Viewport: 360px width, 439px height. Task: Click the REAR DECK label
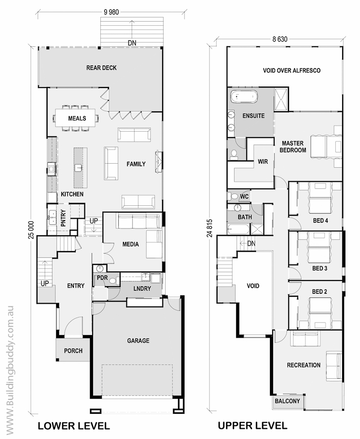pos(101,68)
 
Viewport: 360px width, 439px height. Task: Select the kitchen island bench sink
pos(78,168)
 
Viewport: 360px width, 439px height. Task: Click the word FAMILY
pos(136,164)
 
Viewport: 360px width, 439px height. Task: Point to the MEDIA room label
pos(131,244)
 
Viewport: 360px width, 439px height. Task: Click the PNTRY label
pos(63,218)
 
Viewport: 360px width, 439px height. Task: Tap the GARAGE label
pos(138,341)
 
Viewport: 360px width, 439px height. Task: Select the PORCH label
pos(74,351)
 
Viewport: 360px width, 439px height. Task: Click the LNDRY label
pos(142,288)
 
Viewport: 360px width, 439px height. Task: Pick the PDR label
pos(102,278)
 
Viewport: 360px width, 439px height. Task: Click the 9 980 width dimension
pos(111,12)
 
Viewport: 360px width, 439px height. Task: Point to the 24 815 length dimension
pos(210,228)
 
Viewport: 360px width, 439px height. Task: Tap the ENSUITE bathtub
pos(244,97)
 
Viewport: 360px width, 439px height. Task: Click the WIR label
pos(263,162)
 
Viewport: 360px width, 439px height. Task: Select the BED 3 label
pos(320,269)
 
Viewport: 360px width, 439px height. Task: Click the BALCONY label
pos(287,401)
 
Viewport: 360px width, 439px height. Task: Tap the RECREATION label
pos(304,365)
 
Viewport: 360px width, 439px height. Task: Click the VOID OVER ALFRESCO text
pos(292,71)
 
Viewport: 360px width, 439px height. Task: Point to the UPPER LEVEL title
pos(253,426)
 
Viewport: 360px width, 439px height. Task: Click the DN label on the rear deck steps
pos(132,43)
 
